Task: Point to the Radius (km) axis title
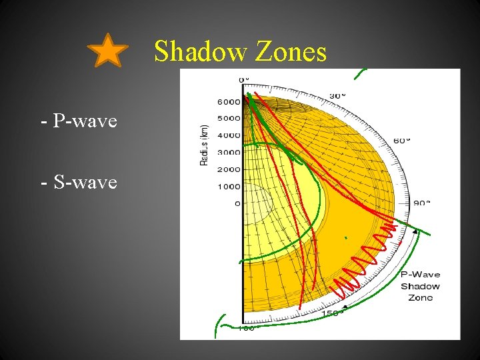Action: click(x=205, y=144)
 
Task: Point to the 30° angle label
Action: click(x=337, y=96)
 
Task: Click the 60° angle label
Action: click(x=402, y=141)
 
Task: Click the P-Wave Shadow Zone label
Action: click(x=420, y=285)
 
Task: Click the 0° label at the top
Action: click(x=243, y=79)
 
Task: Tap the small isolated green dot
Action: click(x=345, y=237)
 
